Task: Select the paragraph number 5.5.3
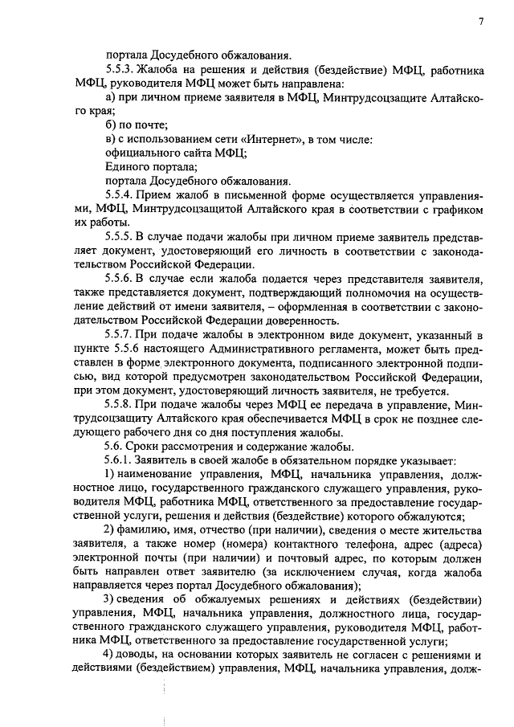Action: point(119,71)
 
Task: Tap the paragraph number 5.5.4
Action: point(119,195)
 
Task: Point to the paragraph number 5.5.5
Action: point(119,238)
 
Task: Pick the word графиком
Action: point(458,210)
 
